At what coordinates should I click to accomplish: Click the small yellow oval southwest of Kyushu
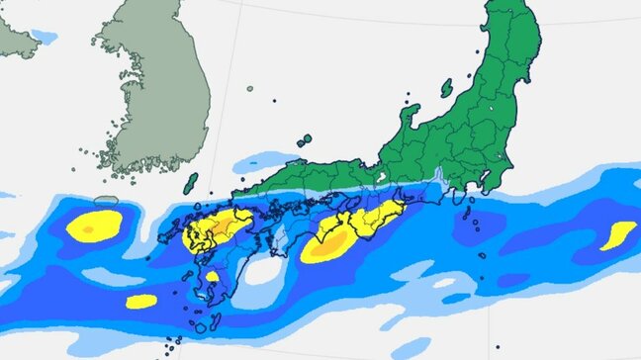(141, 301)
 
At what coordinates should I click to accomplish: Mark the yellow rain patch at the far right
(618, 235)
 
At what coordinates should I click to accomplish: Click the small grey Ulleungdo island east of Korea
(250, 90)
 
